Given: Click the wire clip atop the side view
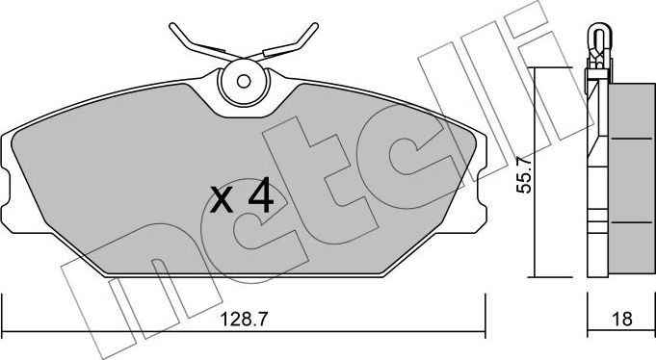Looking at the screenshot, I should [x=597, y=39].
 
